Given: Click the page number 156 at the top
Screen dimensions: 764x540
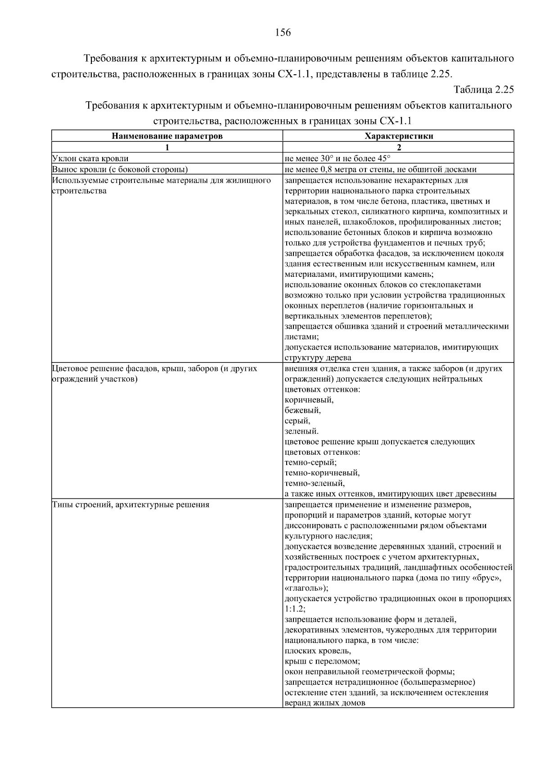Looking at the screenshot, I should coord(283,32).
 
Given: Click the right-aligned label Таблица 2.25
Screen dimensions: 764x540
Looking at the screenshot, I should coord(484,89).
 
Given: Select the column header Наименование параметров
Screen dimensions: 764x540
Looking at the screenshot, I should coord(167,136).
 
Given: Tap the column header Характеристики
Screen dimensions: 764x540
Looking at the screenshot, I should coord(399,136).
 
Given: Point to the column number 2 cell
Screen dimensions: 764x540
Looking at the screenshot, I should coord(399,147).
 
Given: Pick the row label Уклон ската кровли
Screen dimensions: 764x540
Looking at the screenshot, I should coord(90,158).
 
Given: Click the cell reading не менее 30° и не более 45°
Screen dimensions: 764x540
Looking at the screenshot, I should coord(337,158).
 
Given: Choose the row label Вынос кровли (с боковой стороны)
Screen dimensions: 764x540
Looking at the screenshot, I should coord(120,169).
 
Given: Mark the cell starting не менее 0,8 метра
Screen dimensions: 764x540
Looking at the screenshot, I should coord(380,169).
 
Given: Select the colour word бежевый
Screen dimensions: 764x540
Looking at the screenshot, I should coord(302,411).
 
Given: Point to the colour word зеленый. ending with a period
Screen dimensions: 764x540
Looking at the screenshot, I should coord(301,431).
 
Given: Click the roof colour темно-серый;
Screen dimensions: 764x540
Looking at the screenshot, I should coord(310,462).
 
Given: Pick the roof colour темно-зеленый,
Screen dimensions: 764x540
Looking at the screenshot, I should coord(315,484).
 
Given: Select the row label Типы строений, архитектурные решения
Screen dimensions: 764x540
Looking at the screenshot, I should coord(130,505).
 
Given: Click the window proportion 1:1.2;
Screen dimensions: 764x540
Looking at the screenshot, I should coord(295,609).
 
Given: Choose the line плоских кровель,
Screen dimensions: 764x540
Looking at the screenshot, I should coord(318,651).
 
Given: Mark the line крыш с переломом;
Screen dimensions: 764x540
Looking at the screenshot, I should coord(322,661).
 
